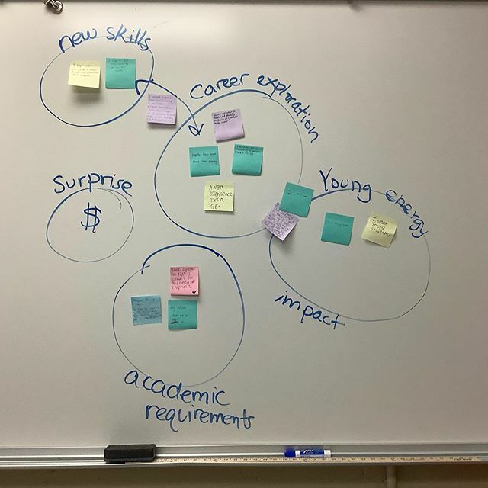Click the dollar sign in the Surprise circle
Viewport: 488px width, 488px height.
pos(91,218)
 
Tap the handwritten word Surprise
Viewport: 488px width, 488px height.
pos(91,185)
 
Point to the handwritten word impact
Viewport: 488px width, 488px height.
pos(309,310)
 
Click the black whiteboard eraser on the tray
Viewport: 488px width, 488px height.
pos(129,453)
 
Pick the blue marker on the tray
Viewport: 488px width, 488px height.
pos(307,453)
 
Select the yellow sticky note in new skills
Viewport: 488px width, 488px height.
pos(84,74)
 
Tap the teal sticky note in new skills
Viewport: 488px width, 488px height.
pos(120,73)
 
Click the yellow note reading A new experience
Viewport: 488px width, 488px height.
pos(219,197)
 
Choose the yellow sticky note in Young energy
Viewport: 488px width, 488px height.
pos(379,230)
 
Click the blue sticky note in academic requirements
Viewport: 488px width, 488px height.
pos(146,310)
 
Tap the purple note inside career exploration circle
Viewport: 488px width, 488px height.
pos(228,124)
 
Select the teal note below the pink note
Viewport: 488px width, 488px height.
pos(183,315)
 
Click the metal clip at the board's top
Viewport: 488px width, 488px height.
pos(53,5)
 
